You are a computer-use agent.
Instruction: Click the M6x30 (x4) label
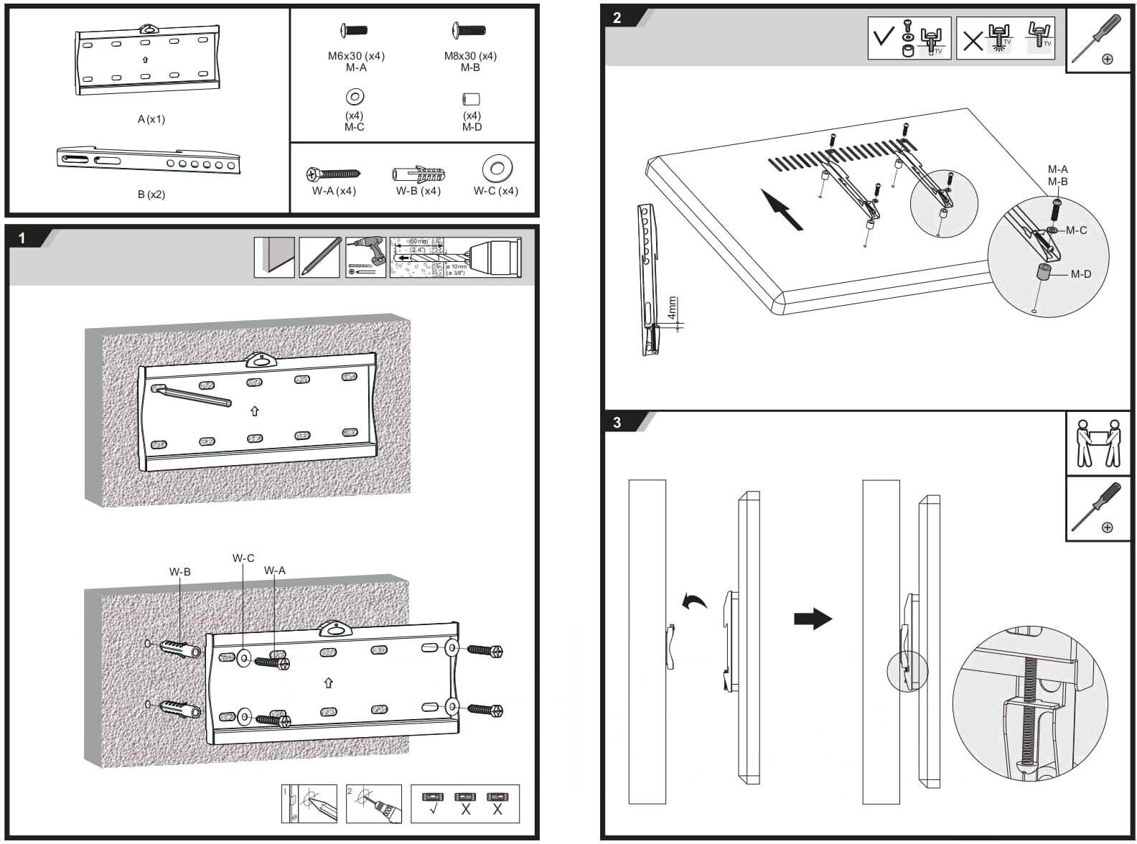[x=356, y=56]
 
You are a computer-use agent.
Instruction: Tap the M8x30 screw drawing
[x=469, y=31]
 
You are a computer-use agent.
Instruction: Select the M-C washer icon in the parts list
[x=355, y=96]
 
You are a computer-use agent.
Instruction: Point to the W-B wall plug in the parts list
[x=419, y=174]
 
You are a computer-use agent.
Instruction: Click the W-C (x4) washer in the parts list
[x=497, y=169]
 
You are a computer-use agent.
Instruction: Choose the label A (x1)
[x=151, y=119]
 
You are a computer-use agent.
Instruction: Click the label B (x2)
[x=151, y=194]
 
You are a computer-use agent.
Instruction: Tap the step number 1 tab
[x=22, y=238]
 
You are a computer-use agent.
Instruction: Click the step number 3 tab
[x=617, y=422]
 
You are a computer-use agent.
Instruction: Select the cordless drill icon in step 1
[x=365, y=257]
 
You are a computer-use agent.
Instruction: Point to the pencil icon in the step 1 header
[x=319, y=257]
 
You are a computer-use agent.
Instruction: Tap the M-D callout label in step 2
[x=1081, y=274]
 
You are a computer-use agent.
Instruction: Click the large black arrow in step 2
[x=782, y=209]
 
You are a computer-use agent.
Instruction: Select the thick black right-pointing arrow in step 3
[x=813, y=619]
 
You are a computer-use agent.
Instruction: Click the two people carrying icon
[x=1098, y=444]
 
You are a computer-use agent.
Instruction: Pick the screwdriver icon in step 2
[x=1095, y=39]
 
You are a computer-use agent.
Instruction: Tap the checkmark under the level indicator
[x=433, y=809]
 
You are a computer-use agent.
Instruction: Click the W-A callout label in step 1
[x=274, y=571]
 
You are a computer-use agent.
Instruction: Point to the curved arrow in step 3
[x=694, y=601]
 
